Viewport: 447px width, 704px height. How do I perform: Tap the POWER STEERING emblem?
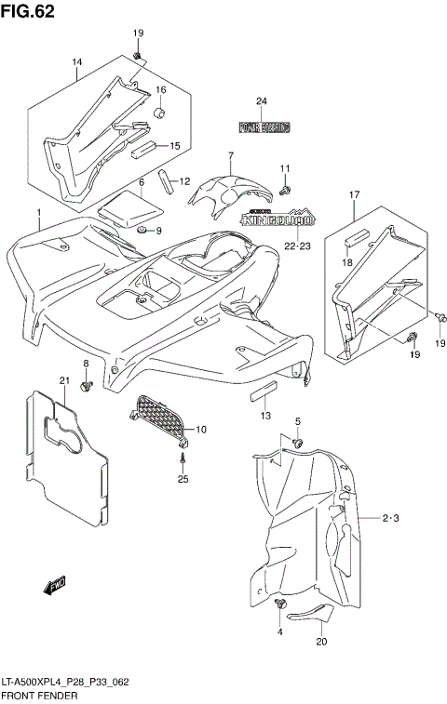(264, 126)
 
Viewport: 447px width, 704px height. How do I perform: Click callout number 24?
(262, 101)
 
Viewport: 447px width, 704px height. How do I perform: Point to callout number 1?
(40, 213)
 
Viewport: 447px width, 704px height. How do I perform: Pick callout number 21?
(64, 380)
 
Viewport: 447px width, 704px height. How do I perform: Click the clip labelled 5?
(297, 441)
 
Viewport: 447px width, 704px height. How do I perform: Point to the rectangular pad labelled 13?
(263, 387)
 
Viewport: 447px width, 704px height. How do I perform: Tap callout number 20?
(321, 641)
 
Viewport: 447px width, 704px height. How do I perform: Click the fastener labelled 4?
(279, 605)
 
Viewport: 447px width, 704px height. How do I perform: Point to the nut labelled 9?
(141, 229)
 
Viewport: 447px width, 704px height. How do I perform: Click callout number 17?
(355, 193)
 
